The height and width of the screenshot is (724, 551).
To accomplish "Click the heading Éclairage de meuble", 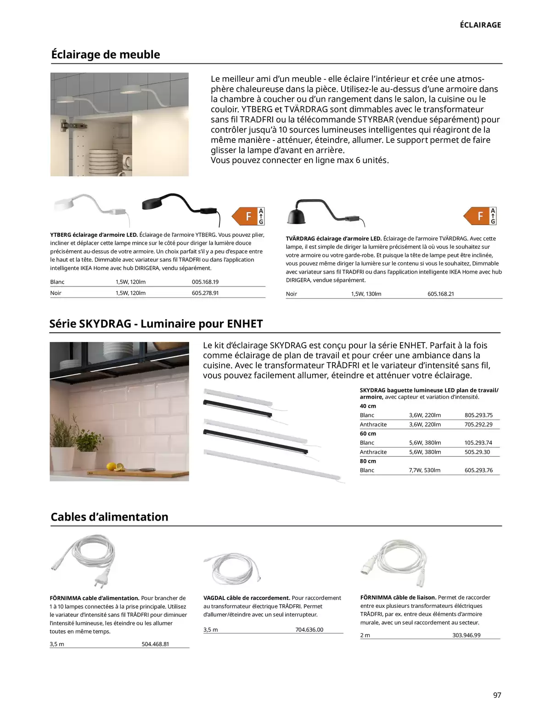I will click(x=106, y=55).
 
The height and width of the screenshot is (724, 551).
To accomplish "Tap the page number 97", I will click(x=497, y=695).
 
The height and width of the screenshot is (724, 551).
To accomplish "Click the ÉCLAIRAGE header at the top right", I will click(x=480, y=25).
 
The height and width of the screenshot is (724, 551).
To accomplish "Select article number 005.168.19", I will click(x=205, y=282).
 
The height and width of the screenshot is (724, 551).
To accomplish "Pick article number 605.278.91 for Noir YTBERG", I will click(x=205, y=293).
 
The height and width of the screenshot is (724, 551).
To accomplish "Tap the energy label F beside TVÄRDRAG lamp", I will click(x=480, y=216).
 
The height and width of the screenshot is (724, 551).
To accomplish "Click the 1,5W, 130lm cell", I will click(x=366, y=294).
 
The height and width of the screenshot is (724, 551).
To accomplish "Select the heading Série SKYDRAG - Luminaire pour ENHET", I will click(x=156, y=324).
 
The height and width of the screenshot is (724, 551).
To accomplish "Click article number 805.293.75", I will click(x=478, y=415).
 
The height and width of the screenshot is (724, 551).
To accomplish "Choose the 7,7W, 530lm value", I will click(x=424, y=470).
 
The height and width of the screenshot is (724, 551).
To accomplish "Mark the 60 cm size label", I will click(x=368, y=433).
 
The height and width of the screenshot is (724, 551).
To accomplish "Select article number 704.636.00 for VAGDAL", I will click(x=309, y=629).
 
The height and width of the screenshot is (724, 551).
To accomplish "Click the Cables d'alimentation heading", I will click(x=109, y=517).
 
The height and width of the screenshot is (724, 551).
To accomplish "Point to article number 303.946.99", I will click(x=466, y=635).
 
